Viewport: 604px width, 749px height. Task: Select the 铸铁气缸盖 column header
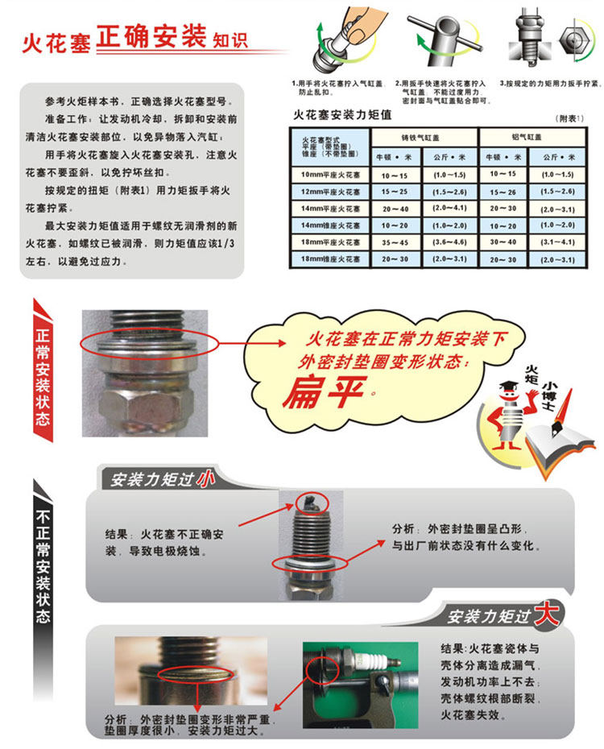[x=420, y=138]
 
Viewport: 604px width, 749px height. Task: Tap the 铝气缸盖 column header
[x=527, y=137]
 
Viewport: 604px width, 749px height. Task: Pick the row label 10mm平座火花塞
[x=330, y=175]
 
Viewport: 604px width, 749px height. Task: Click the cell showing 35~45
[x=395, y=242]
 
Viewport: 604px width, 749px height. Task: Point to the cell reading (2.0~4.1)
[x=449, y=209]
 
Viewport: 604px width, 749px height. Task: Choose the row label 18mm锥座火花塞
[x=330, y=259]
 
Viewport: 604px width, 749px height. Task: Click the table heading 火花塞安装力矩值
[x=342, y=114]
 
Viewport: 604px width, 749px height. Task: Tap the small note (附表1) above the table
[x=569, y=118]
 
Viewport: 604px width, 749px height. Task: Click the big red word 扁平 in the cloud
[x=325, y=392]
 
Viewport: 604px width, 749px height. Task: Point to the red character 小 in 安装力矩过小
[x=205, y=478]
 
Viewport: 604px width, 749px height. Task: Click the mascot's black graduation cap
[x=509, y=386]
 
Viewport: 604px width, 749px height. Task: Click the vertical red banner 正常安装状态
[x=43, y=370]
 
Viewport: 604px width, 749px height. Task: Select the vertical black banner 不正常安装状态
[x=43, y=569]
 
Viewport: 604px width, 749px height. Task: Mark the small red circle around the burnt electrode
[x=312, y=503]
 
